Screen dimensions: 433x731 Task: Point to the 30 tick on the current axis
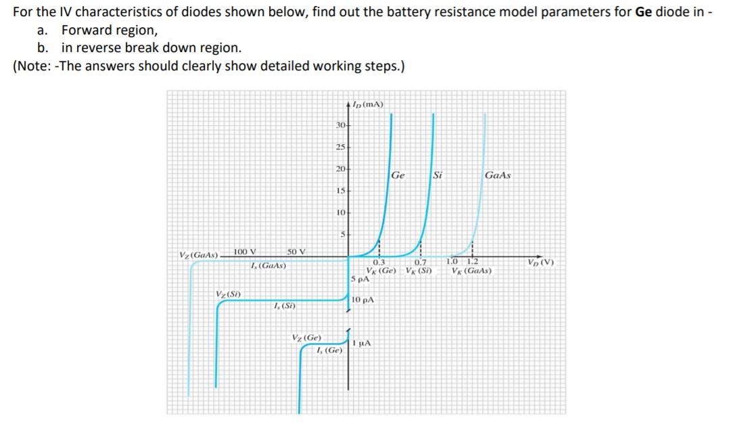pos(341,126)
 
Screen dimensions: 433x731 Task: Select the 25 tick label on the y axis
pos(341,147)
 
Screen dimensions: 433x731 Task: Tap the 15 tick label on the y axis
pos(341,191)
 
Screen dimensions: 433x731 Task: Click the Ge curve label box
pos(398,175)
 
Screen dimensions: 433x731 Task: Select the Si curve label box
pos(437,175)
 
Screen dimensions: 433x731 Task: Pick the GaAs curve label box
pos(498,175)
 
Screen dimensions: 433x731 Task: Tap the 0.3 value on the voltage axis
pos(379,264)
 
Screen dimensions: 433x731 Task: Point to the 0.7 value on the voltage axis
pos(421,264)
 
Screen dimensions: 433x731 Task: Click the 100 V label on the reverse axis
pos(244,252)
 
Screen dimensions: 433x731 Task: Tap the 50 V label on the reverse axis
pos(296,252)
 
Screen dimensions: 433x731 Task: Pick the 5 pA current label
pos(360,278)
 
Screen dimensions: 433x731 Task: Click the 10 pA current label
pos(363,299)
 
